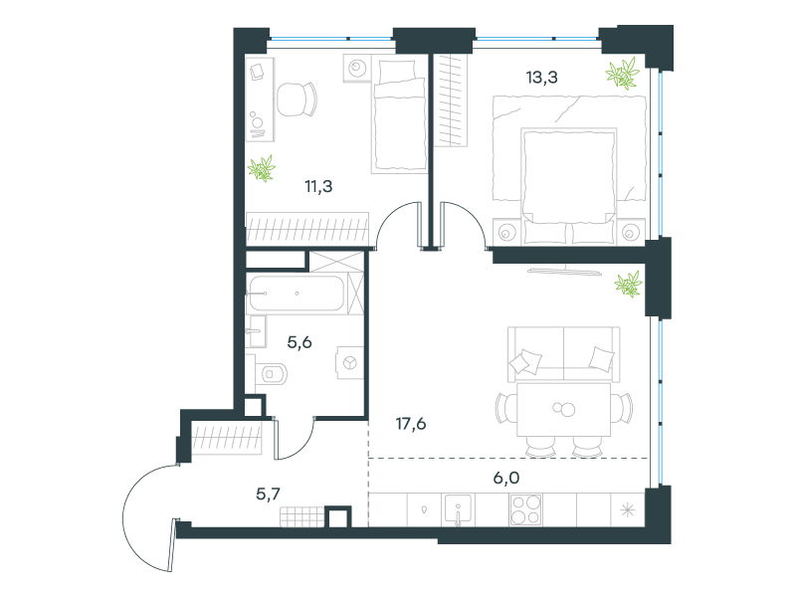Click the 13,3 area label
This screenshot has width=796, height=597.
[541, 78]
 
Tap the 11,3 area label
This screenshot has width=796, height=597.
[318, 186]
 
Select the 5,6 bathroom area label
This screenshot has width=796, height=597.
[299, 342]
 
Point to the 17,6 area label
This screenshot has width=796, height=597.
[411, 423]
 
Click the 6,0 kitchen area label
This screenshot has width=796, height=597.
[506, 478]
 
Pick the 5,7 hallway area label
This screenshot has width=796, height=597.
[268, 494]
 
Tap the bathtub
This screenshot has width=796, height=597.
[296, 293]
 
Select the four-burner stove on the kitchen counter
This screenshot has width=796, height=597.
[525, 509]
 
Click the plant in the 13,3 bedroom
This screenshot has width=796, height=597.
[622, 74]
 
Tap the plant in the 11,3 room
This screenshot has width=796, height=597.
[262, 168]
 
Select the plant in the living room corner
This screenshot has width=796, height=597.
[629, 284]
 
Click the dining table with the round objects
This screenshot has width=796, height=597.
[563, 409]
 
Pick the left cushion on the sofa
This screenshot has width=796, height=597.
[525, 362]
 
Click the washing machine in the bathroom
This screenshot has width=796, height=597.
[350, 363]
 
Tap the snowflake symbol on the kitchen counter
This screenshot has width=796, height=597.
[628, 509]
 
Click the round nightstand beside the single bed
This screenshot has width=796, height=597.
[358, 68]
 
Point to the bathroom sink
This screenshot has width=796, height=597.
[256, 331]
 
